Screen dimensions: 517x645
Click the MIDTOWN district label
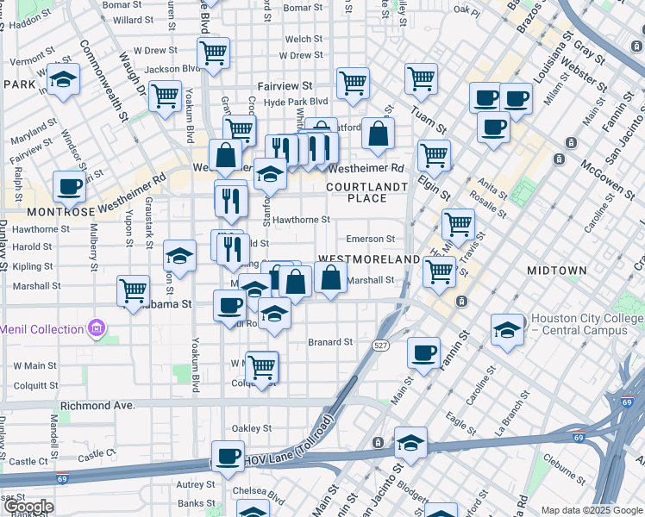tap(557, 271)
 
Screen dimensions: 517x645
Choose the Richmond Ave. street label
tap(97, 404)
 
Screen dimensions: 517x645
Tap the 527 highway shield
tap(380, 345)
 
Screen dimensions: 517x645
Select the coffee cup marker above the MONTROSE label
tap(69, 185)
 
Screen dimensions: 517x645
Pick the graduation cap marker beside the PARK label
tap(63, 82)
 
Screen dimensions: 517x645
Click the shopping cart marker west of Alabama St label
tap(134, 290)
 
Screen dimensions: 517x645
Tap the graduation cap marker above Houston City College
tap(507, 329)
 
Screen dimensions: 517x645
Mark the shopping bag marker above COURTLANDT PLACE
tap(378, 134)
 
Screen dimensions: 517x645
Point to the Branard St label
tap(331, 342)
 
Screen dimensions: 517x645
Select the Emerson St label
tap(370, 239)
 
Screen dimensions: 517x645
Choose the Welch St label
tap(304, 39)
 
